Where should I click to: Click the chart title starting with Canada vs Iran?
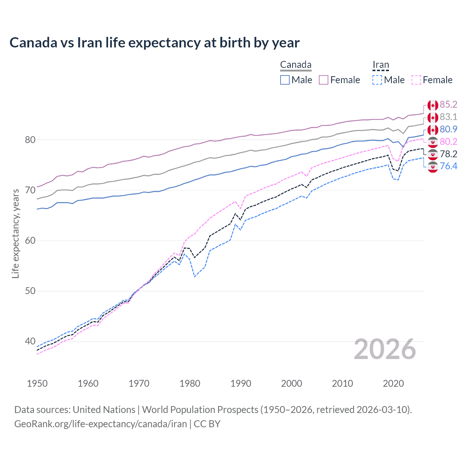(154, 43)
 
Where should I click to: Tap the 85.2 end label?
(448, 105)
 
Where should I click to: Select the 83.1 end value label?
(448, 117)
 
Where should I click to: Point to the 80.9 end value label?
(448, 130)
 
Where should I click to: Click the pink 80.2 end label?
(448, 142)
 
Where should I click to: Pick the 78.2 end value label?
(448, 154)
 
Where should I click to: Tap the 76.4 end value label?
(448, 166)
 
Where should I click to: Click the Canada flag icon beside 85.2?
(433, 105)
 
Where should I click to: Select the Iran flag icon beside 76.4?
(433, 167)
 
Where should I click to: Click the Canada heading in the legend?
(296, 65)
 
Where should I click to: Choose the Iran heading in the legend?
(381, 65)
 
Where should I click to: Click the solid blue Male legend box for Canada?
(285, 80)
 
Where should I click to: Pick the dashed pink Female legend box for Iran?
(416, 80)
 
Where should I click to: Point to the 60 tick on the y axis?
(30, 241)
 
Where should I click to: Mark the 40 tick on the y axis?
(30, 341)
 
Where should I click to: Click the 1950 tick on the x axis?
(37, 383)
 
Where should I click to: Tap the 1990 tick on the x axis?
(241, 383)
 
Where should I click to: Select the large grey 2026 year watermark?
(385, 349)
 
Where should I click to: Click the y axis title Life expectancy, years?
(15, 233)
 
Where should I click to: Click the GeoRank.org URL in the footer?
(100, 424)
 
